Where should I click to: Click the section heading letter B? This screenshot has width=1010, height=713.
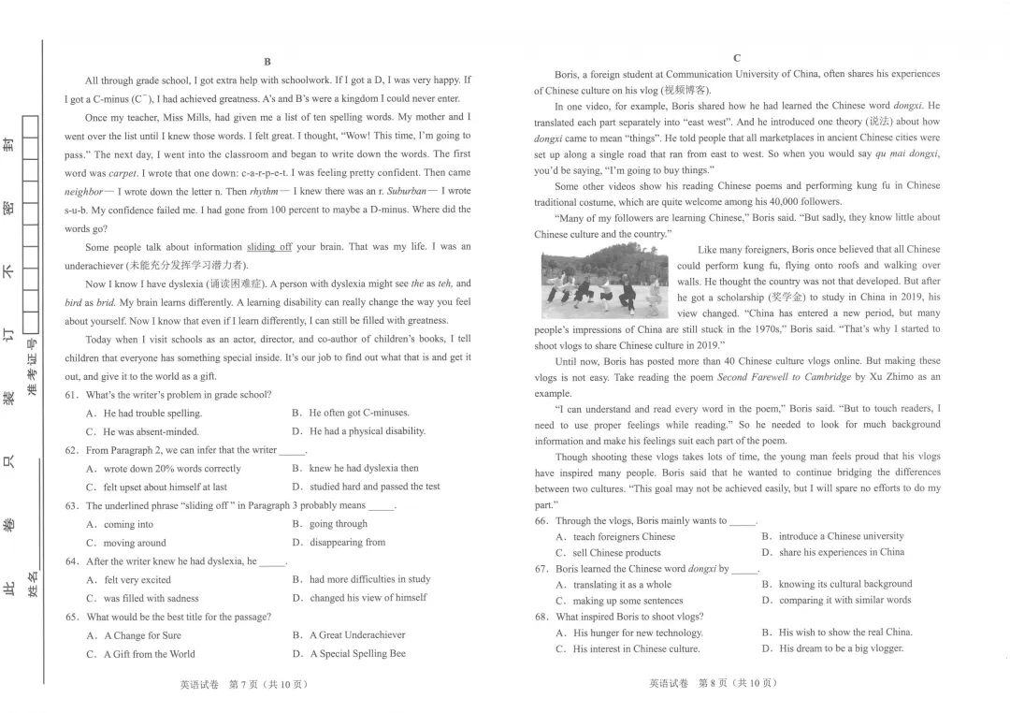point(267,62)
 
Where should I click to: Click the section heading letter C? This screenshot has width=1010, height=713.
point(737,58)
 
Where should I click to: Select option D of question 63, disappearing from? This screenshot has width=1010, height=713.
point(347,542)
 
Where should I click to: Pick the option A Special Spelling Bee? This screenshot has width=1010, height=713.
point(357,654)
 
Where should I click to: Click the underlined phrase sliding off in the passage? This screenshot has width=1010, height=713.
point(269,247)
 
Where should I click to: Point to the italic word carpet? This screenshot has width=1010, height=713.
point(123,173)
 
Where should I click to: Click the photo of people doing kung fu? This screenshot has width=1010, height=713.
point(605,281)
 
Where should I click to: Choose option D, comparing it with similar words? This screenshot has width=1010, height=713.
point(844,600)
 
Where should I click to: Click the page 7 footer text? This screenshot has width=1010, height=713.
point(244,684)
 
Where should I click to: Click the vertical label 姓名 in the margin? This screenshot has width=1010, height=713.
point(33,585)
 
